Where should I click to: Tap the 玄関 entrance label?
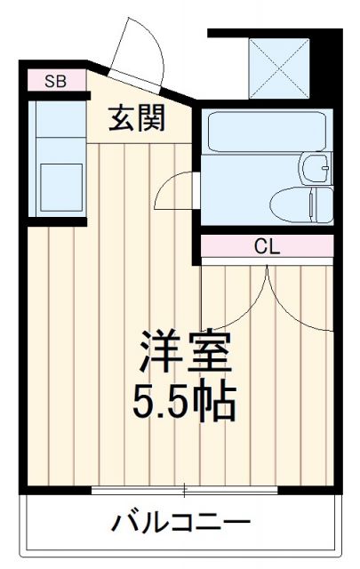pyautogui.click(x=138, y=118)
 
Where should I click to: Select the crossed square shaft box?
pyautogui.click(x=278, y=68)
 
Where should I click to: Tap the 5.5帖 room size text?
pyautogui.click(x=186, y=403)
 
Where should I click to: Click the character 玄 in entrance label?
pyautogui.click(x=123, y=118)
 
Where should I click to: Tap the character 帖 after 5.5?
pyautogui.click(x=218, y=403)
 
